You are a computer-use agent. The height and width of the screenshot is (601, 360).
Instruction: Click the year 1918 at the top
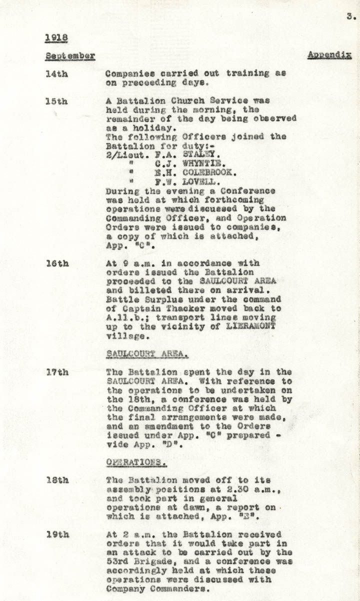pos(56,37)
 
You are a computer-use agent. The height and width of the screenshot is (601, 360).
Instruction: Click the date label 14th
pos(56,73)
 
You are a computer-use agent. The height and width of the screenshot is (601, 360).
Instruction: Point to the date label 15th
pos(56,101)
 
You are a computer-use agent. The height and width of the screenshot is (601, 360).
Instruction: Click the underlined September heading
pos(69,55)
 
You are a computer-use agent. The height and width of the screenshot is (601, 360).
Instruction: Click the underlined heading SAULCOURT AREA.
pos(147,354)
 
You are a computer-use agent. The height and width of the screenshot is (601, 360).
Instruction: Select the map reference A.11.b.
pos(123,318)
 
